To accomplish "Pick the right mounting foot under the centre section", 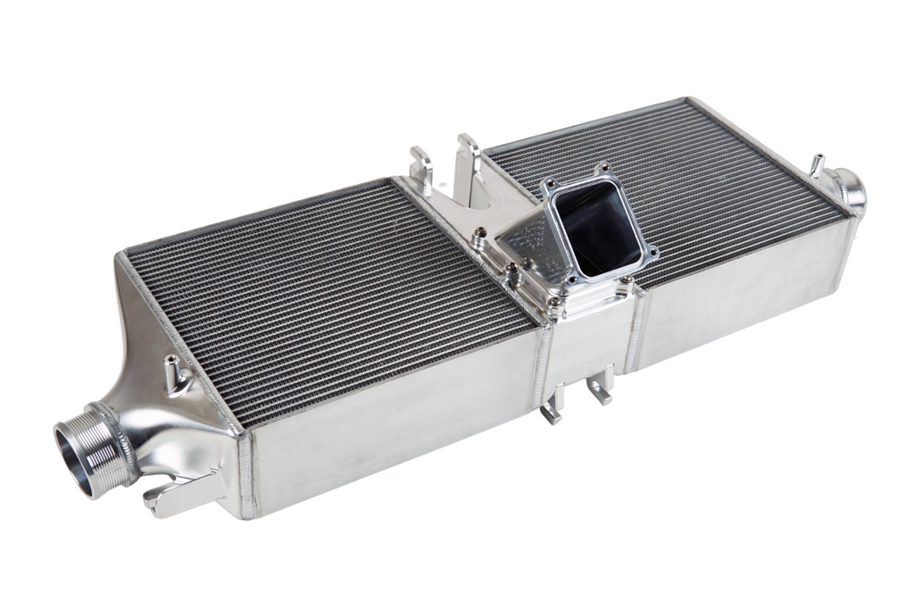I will pos(601,389).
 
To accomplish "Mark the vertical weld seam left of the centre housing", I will pos(542,366).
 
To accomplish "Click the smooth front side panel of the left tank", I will pos(393,420).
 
